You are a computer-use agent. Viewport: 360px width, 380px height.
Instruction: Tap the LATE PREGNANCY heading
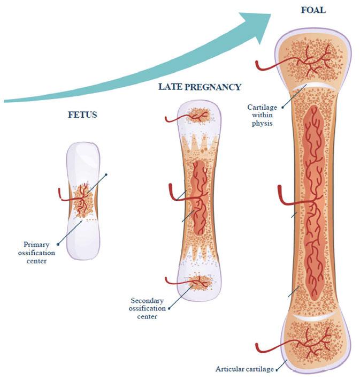coord(200,87)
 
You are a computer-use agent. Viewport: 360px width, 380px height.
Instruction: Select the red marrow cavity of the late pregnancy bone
coord(197,193)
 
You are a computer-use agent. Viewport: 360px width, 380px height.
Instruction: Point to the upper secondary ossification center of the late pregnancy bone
coord(198,114)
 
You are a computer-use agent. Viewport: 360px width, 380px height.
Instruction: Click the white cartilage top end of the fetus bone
coord(83,155)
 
